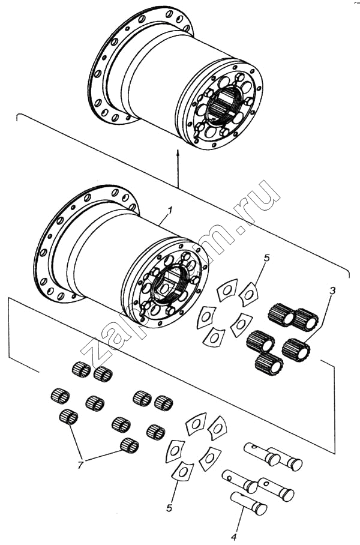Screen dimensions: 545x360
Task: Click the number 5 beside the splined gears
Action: [x=267, y=258]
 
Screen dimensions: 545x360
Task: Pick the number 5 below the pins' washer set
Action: [x=170, y=508]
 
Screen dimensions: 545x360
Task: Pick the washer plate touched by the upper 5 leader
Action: [x=248, y=294]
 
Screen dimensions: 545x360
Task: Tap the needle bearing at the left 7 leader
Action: [x=68, y=416]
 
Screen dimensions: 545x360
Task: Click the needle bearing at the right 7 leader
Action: [x=129, y=445]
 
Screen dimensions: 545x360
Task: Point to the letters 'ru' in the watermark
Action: [x=259, y=203]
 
